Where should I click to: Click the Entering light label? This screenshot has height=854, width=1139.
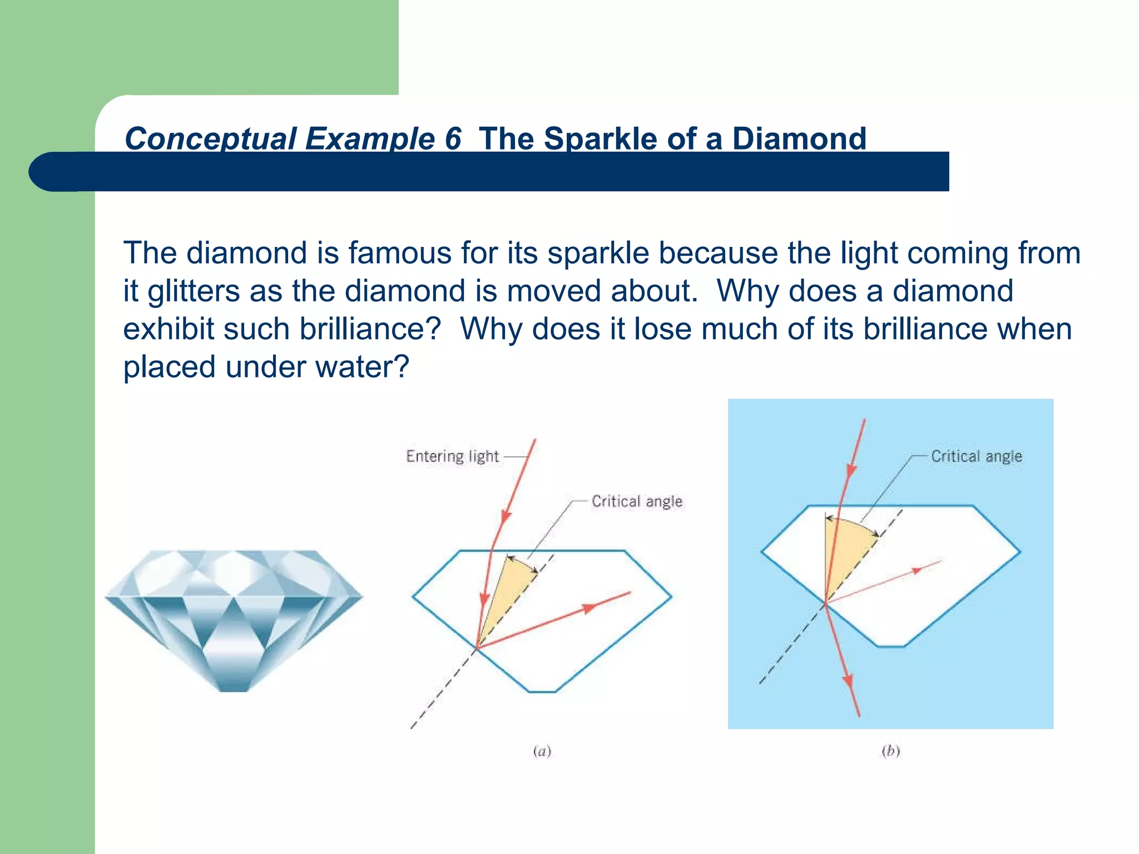(x=452, y=456)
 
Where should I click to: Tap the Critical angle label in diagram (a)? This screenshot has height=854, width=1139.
(x=637, y=502)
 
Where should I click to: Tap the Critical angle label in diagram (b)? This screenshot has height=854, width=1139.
(x=977, y=456)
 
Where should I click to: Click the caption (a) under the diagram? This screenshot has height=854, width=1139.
(x=542, y=752)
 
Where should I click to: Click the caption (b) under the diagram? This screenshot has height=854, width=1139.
(x=890, y=752)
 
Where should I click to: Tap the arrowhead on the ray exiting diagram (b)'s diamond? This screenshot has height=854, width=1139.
(x=848, y=682)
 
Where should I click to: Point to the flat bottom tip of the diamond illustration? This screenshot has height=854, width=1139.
(x=234, y=689)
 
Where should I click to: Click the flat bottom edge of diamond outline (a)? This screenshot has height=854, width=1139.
(x=542, y=692)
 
